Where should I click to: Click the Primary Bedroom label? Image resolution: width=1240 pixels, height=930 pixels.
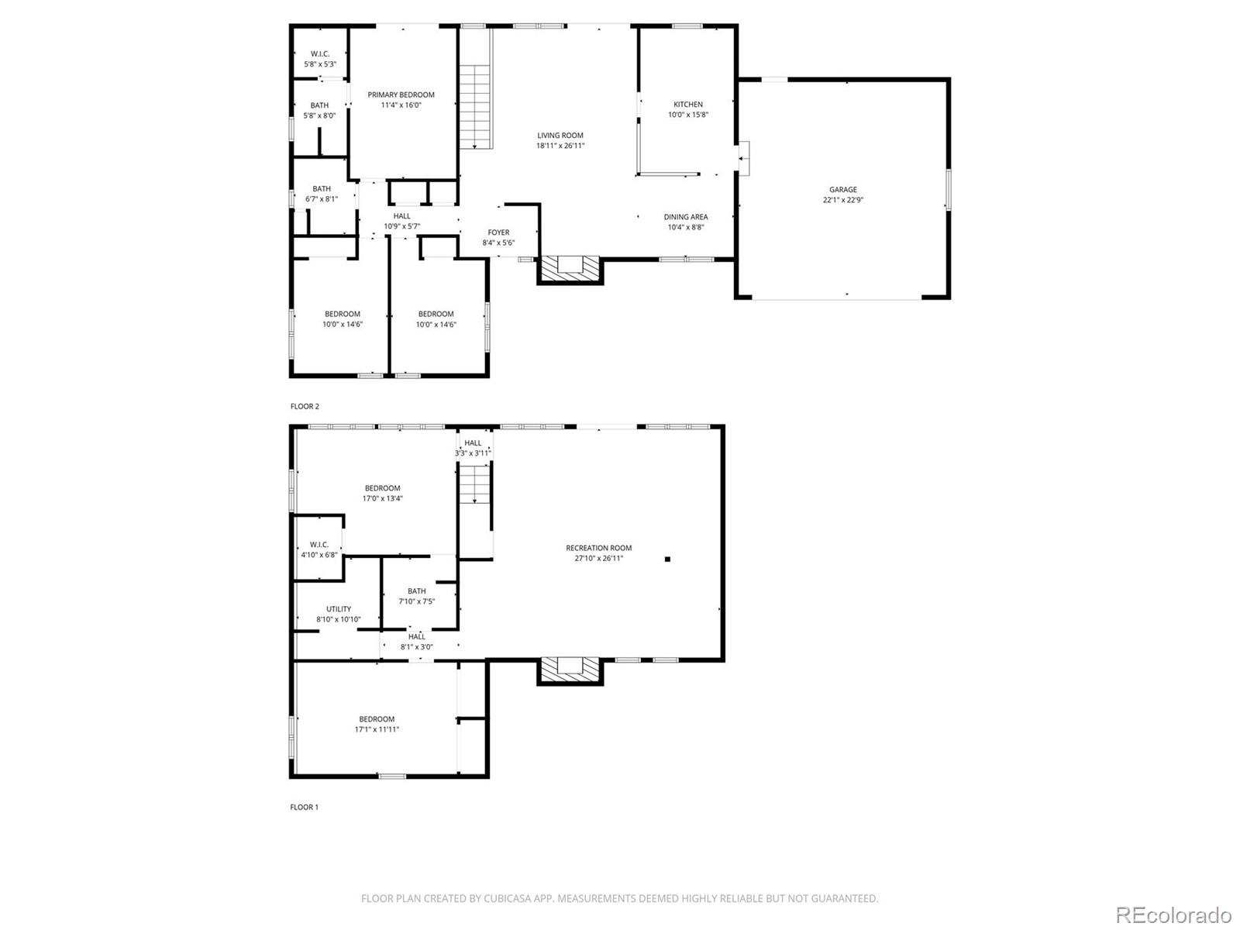point(401,95)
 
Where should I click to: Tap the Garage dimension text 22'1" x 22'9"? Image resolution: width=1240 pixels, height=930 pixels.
point(843,200)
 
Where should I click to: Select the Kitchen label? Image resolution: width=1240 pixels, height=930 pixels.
point(687,104)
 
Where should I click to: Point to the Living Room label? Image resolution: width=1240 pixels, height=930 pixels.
point(560,135)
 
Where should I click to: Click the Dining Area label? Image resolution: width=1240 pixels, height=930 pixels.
point(685,217)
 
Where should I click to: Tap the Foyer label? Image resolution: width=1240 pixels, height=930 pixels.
point(498,232)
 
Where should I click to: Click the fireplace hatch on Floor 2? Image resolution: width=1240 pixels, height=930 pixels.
point(570,268)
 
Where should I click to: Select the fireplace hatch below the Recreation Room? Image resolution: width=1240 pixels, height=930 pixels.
point(570,670)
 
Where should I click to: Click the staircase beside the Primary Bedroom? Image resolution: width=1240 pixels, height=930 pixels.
point(475,107)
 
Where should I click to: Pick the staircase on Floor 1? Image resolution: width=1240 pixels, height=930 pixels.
point(474,485)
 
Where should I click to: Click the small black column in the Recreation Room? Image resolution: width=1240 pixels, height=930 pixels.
point(667,559)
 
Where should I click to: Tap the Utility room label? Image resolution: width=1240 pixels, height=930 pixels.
point(339,609)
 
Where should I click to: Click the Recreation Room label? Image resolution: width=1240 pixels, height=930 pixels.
point(598,548)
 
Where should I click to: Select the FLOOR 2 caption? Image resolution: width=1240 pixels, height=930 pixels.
point(305,406)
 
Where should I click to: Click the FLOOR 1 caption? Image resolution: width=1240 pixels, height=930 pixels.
point(305,807)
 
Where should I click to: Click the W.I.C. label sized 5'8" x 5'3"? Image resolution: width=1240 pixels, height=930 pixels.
point(320,53)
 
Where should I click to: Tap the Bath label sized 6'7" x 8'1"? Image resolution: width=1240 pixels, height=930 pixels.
point(322,188)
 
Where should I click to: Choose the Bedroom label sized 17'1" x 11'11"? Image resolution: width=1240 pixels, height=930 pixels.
point(377,719)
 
